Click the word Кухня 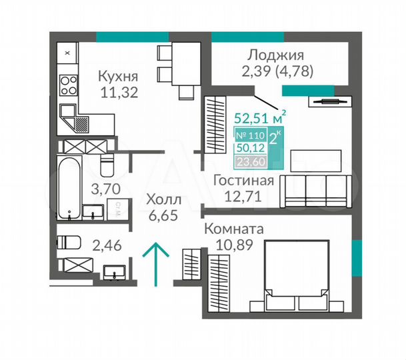pos(119,75)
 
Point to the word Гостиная pos(244,181)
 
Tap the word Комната pos(233,228)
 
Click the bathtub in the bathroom pos(68,189)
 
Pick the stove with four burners pos(69,85)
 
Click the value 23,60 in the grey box pos(250,161)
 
